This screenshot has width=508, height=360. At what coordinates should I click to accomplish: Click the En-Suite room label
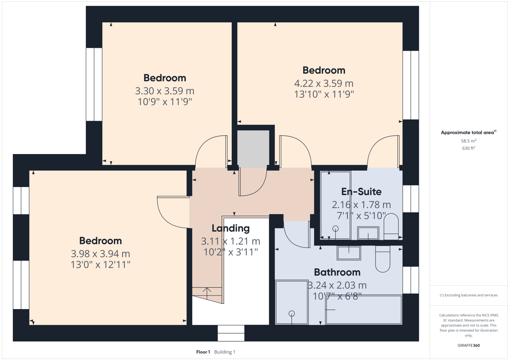(x=361, y=192)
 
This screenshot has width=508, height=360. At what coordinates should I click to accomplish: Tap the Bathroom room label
(x=337, y=272)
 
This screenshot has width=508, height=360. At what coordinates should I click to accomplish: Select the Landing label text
(x=231, y=228)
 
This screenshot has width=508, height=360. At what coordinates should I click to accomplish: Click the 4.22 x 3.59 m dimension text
(x=324, y=83)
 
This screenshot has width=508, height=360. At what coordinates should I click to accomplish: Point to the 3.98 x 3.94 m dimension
(x=101, y=254)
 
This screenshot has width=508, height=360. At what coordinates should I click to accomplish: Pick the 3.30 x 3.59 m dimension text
(x=165, y=91)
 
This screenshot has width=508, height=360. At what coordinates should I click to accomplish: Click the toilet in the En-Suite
(x=391, y=226)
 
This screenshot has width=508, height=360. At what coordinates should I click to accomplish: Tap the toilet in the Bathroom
(x=383, y=259)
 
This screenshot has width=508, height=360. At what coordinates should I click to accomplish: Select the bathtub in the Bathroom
(x=364, y=309)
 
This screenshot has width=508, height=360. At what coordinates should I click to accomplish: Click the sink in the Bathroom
(x=349, y=253)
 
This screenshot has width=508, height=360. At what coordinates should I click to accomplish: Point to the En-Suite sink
(x=368, y=233)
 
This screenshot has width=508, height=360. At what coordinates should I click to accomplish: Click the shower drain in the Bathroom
(x=292, y=314)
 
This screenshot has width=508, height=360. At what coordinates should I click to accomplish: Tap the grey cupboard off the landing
(x=253, y=149)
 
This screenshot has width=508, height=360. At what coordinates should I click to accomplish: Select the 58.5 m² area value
(x=469, y=141)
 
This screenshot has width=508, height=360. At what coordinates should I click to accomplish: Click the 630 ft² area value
(x=469, y=148)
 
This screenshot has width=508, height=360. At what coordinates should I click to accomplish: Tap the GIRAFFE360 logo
(x=469, y=345)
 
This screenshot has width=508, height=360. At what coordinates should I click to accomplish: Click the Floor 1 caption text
(x=203, y=352)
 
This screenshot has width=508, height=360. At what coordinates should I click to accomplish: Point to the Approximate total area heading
(x=469, y=133)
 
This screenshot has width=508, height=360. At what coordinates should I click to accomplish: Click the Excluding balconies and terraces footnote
(x=469, y=295)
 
